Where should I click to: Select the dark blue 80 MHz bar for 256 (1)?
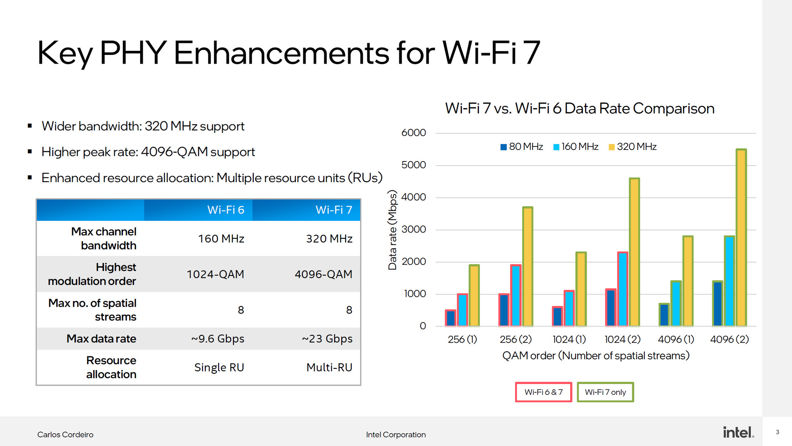(x=450, y=318)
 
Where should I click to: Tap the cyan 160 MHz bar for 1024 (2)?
(x=622, y=289)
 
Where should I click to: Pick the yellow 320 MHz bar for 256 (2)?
(x=527, y=266)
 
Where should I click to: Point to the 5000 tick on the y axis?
(x=413, y=165)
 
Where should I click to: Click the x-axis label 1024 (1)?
(x=569, y=339)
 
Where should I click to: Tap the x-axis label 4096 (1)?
(x=676, y=339)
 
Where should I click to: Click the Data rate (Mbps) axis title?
(x=392, y=230)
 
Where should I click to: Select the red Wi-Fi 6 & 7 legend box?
(x=543, y=392)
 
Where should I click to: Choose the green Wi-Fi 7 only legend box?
(x=605, y=392)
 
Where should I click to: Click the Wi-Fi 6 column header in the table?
(x=226, y=210)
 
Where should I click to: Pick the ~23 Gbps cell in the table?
(x=327, y=339)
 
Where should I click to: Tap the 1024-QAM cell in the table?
(x=215, y=274)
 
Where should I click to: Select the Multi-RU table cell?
(x=329, y=367)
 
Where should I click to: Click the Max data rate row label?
(x=101, y=339)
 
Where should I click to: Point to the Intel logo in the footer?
(x=738, y=432)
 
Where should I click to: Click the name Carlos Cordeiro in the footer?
(x=65, y=434)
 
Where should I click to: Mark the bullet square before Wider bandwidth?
(x=30, y=126)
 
